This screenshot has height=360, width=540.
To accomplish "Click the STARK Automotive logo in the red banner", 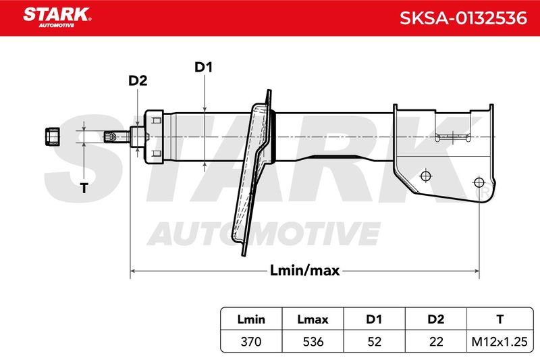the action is pos(57,18).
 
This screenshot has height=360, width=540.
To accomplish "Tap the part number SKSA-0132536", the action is pos(463,18).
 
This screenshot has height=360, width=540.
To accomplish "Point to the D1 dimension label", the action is pos(204,67).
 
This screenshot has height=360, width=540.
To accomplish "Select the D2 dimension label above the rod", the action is pos(138,80).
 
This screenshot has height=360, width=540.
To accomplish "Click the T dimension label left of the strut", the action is pos(84,188).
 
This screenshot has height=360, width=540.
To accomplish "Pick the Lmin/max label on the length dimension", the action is pos(305,270).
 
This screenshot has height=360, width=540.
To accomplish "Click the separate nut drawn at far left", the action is pos(53,136).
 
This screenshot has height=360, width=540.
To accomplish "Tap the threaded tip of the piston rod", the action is pos(109,136).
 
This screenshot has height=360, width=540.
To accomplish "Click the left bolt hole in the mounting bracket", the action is pos(426,176).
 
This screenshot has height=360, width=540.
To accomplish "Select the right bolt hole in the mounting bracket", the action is pos(479,182).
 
